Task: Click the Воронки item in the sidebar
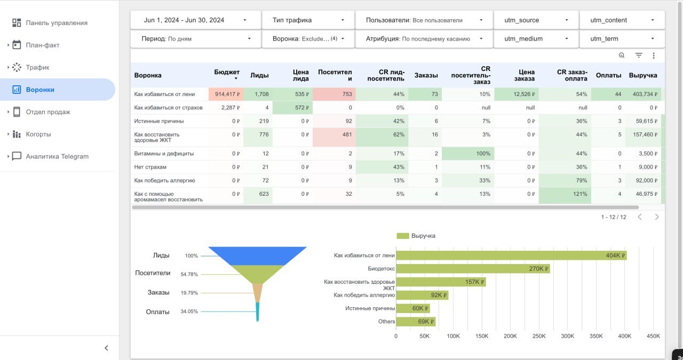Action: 40,90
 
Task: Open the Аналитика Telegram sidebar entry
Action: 57,156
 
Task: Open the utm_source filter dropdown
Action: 536,20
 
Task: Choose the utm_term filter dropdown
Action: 622,39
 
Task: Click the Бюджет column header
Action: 227,72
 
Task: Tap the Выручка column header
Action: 643,75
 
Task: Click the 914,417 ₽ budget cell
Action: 227,94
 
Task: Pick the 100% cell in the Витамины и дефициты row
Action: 483,154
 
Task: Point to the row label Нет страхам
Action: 150,167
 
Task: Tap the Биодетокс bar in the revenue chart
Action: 472,269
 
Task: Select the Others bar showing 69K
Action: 415,322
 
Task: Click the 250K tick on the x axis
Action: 538,337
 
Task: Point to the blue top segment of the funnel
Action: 257,255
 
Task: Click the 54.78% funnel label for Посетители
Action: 189,274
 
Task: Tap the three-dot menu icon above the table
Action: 654,55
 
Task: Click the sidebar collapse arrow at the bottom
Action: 106,348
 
